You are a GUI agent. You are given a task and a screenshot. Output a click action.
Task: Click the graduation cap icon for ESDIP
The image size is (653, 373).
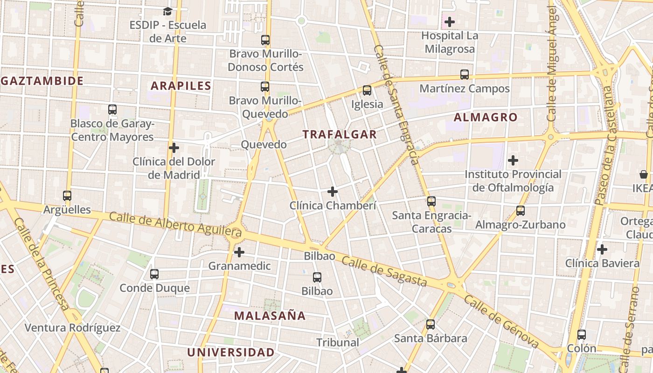pos(167,11)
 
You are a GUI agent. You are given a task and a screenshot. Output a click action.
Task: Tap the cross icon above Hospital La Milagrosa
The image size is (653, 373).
pos(450,22)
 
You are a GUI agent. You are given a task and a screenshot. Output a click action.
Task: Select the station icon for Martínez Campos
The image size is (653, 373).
pos(465,75)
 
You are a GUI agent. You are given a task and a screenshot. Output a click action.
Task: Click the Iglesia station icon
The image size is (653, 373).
pos(367,90)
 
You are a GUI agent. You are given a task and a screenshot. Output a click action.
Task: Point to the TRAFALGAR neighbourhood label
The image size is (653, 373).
pos(339,135)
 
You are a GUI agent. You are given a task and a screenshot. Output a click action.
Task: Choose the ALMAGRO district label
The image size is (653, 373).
pos(486,117)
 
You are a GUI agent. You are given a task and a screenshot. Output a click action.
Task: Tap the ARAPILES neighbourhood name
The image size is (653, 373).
pos(181,86)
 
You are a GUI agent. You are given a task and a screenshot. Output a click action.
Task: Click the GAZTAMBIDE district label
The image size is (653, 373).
pos(42,81)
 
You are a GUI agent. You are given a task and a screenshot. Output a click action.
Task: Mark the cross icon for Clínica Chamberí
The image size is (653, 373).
pos(333,192)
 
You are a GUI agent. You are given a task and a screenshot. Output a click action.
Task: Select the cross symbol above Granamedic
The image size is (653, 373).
pos(239,252)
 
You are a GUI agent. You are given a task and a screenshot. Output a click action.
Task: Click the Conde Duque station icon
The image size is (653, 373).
pos(154,274)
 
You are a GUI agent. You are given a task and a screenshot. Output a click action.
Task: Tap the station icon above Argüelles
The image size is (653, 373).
pos(67,196)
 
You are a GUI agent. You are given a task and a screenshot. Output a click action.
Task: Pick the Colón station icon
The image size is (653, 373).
pos(582,334)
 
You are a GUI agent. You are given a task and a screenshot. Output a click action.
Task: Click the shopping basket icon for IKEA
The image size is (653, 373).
pos(644,175)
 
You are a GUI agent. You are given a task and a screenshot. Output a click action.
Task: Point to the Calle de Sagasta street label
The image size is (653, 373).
pos(384,271)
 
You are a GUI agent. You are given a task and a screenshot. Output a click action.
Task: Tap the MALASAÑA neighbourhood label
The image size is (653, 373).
pos(270,316)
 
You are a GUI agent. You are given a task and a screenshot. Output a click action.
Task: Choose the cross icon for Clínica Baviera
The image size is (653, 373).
pos(602,249)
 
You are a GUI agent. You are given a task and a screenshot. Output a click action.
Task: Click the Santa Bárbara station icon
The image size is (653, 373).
pos(431,325)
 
